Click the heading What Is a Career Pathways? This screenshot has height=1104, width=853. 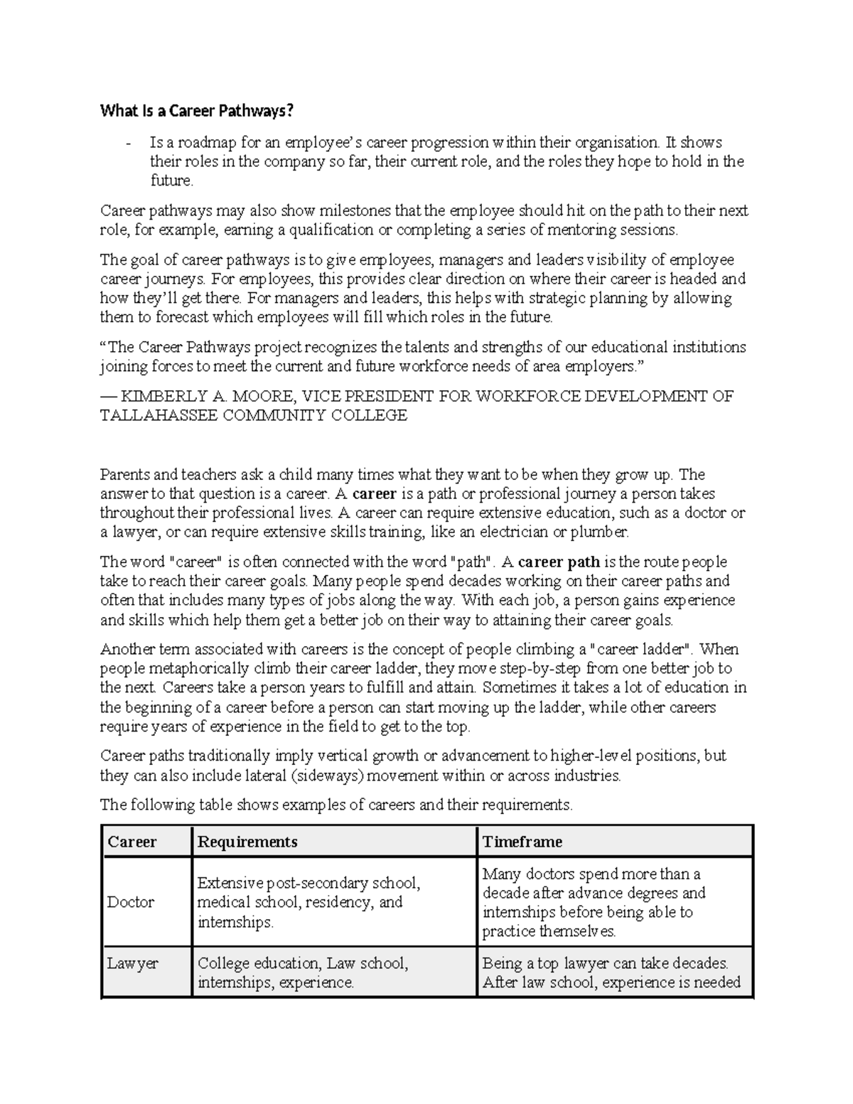click(x=196, y=111)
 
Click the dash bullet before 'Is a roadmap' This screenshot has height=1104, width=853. click(x=128, y=143)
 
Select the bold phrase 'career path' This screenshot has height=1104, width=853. click(x=559, y=562)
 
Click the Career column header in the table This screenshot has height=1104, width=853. click(x=132, y=842)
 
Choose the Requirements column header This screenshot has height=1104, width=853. click(x=247, y=842)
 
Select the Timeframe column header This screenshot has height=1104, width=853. click(x=522, y=842)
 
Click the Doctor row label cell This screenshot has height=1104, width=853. click(x=131, y=902)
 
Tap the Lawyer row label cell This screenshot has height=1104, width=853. click(x=133, y=964)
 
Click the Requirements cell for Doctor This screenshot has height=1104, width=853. click(x=309, y=902)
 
